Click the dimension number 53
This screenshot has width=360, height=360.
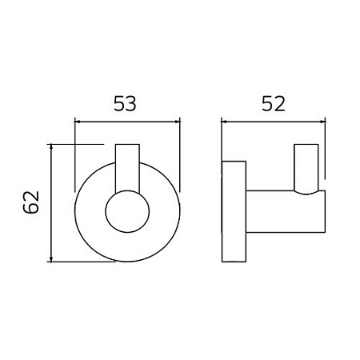coord(127,103)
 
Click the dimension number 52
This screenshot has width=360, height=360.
coord(273,103)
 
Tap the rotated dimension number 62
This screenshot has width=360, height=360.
coord(31,203)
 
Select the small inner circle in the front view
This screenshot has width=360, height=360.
coord(127,213)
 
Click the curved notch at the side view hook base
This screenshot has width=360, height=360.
coord(309,192)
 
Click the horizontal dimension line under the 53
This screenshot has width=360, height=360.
coord(127,122)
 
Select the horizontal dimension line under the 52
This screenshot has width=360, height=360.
coord(273,122)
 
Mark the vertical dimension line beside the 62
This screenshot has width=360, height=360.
coord(52,203)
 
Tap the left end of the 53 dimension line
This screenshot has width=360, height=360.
coord(74,122)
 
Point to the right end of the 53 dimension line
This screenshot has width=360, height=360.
coord(180,122)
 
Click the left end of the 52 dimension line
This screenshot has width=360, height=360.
coord(222,122)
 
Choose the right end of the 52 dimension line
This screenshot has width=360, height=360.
coord(325,122)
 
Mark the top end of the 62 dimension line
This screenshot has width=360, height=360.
coord(52,145)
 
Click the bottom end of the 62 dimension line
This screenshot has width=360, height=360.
coord(52,261)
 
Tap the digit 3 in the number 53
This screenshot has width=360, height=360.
coord(136,103)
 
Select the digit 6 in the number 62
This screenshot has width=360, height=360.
coord(31,211)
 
